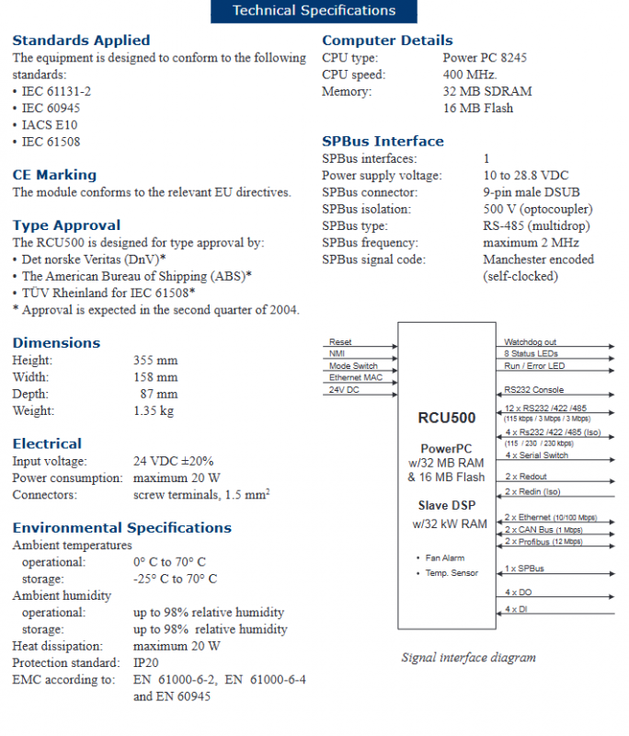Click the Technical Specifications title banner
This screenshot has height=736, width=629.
(314, 11)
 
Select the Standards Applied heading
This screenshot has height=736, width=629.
(81, 40)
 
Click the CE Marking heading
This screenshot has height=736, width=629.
(54, 175)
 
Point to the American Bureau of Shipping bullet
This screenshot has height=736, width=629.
(136, 276)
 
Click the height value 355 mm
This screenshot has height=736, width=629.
(155, 361)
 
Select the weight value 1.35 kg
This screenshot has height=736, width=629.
(153, 410)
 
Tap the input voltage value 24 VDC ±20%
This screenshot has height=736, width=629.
(176, 461)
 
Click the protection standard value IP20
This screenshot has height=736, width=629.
(145, 662)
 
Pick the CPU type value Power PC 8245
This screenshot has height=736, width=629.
(485, 57)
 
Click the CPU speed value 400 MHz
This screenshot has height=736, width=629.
(470, 75)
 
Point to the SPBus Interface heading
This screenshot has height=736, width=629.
(383, 142)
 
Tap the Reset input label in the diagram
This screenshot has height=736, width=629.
(340, 342)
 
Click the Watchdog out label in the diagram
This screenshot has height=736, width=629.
(530, 342)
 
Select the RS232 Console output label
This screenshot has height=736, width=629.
(534, 389)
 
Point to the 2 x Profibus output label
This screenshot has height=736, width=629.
(543, 542)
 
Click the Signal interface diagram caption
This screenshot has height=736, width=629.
(468, 658)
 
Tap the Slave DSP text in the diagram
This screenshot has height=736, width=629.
(446, 505)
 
